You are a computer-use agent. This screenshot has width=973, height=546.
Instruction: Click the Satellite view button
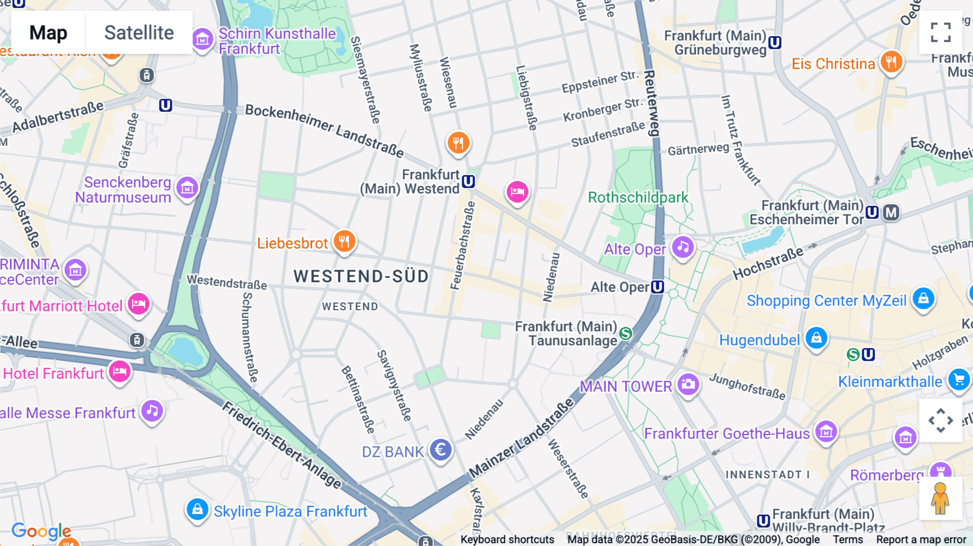click(x=139, y=32)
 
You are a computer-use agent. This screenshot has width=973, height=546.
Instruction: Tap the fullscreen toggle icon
click(x=941, y=32)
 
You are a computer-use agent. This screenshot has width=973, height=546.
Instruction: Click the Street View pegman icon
click(x=941, y=498)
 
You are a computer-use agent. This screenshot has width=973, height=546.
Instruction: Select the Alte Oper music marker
click(x=683, y=248)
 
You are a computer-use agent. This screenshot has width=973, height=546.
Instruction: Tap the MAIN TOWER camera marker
click(x=688, y=384)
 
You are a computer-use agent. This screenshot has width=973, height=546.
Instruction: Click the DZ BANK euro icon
click(x=441, y=450)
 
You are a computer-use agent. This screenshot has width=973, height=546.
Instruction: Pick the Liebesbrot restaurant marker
click(x=344, y=241)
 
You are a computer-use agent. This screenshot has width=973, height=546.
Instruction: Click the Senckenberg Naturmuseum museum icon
click(x=188, y=188)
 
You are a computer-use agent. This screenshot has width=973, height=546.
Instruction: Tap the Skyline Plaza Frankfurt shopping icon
click(x=197, y=510)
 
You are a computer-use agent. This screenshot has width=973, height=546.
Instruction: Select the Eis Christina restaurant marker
click(x=891, y=62)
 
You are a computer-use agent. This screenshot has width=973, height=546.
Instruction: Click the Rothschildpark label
click(x=638, y=197)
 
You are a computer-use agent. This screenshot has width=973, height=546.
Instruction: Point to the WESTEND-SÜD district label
click(x=361, y=277)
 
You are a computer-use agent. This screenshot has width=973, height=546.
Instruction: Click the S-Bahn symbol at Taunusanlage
click(x=626, y=334)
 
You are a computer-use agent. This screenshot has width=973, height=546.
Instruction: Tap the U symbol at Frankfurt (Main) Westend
click(x=469, y=182)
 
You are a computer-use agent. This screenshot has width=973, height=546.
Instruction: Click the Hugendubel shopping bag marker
click(x=816, y=338)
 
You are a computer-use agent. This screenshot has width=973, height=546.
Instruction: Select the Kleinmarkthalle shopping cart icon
click(x=959, y=379)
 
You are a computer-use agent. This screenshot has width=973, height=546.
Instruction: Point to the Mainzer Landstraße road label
click(x=521, y=438)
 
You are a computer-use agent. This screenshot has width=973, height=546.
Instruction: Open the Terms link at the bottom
click(x=848, y=540)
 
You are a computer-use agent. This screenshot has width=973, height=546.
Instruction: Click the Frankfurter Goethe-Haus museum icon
click(x=826, y=431)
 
